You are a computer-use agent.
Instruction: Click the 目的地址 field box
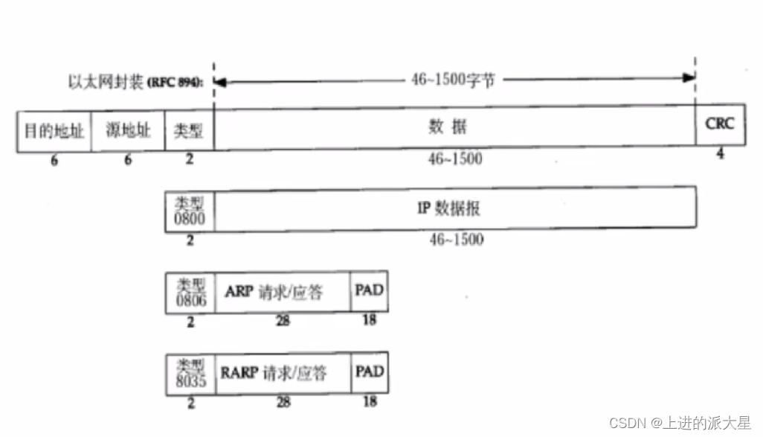point(54,131)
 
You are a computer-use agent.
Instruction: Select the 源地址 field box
point(128,131)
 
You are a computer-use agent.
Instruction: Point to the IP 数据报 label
point(448,208)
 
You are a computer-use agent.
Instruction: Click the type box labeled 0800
point(190,211)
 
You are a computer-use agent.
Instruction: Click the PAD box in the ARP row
point(370,290)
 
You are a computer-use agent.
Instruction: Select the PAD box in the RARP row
point(370,371)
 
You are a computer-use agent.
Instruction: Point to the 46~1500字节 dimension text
point(452,79)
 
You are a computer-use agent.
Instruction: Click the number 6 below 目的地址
point(54,160)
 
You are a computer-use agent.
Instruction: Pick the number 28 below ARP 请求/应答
point(283,321)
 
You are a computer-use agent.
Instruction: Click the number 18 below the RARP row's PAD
point(370,401)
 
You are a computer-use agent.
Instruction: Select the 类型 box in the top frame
point(189,131)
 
